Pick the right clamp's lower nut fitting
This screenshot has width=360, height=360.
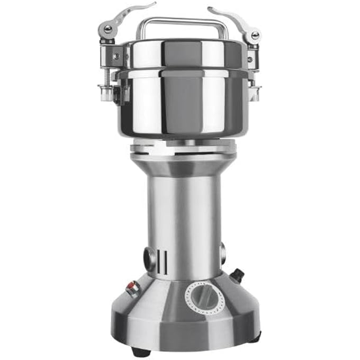click(255, 93)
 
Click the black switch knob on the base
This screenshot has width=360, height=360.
click(237, 274)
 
